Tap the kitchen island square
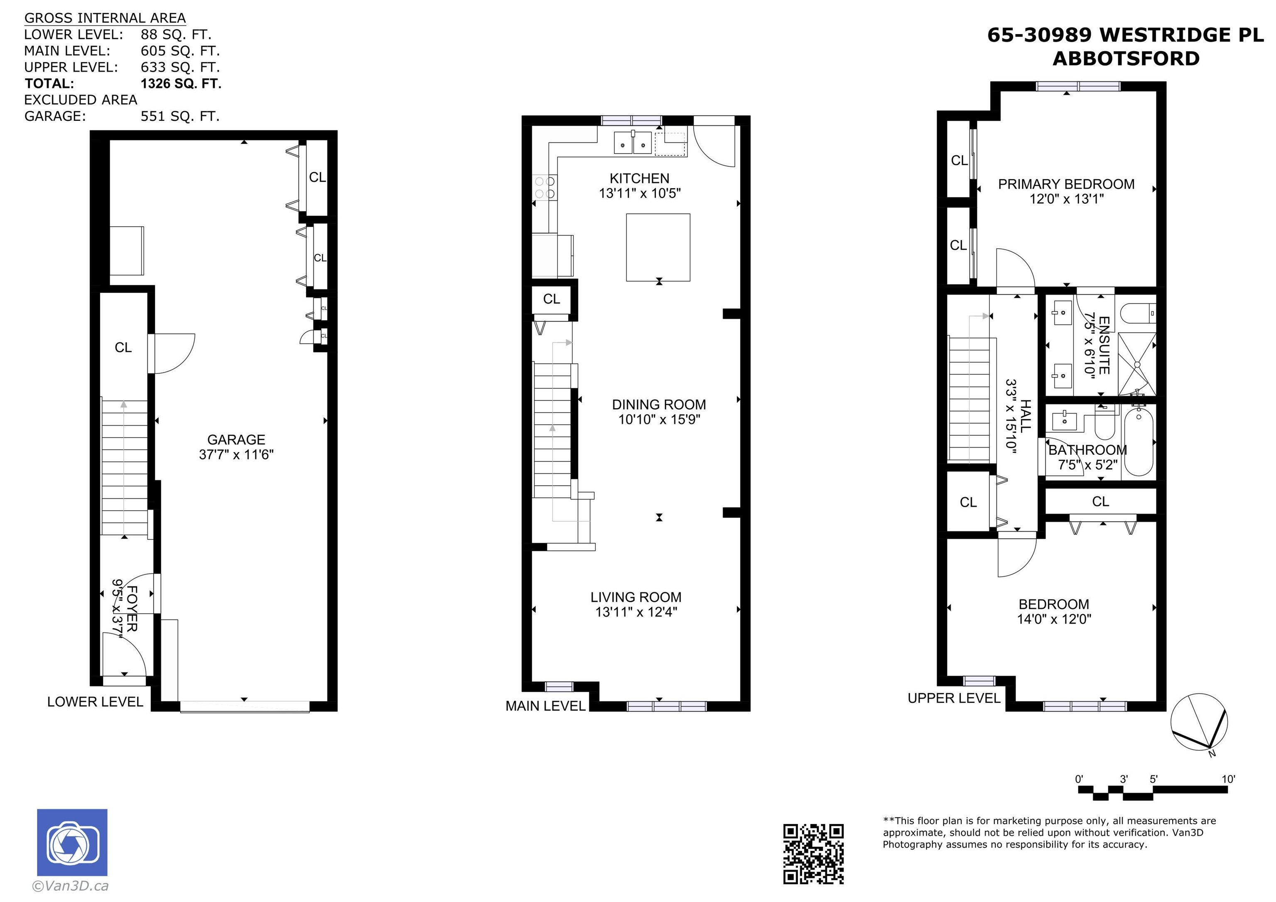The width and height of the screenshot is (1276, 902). (658, 248)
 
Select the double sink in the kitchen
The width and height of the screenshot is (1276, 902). (633, 143)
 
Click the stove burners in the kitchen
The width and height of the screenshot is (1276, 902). (545, 187)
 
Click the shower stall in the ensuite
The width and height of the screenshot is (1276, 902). (1136, 364)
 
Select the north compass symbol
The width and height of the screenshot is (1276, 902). (1199, 723)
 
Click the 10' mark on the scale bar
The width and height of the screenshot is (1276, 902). (1228, 779)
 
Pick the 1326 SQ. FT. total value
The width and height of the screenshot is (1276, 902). (181, 84)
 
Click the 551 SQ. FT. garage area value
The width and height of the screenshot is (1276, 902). (180, 116)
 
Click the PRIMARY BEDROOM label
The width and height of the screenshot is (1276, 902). (1066, 184)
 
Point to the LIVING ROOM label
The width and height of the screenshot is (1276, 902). (636, 597)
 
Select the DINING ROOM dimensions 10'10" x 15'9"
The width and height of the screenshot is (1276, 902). (659, 419)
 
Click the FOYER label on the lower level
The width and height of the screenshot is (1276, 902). (132, 608)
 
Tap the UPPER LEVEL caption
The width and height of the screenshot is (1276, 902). (954, 698)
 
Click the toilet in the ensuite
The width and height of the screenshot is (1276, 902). (1138, 313)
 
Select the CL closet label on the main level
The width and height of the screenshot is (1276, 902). (551, 299)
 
